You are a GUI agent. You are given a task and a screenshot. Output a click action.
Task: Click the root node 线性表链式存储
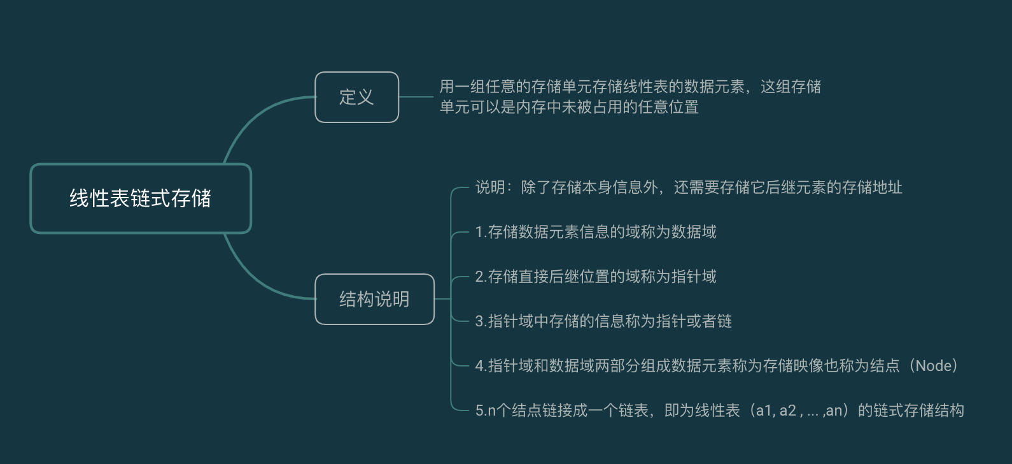click(140, 198)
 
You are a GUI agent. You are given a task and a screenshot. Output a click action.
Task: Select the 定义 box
click(356, 97)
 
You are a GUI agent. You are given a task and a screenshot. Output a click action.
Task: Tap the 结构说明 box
click(374, 299)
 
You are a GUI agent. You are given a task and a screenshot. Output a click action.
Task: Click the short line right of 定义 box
click(416, 97)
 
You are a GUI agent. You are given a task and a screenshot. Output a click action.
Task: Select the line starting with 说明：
click(688, 187)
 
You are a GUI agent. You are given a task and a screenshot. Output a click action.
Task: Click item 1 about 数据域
click(595, 232)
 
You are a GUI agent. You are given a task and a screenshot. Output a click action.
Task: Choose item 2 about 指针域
click(595, 277)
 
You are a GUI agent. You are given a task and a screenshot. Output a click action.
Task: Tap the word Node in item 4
click(936, 366)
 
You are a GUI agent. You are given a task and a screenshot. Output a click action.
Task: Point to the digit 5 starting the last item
click(479, 410)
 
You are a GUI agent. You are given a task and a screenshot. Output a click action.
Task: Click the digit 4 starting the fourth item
click(479, 366)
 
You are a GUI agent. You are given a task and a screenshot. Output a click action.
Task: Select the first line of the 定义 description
click(629, 87)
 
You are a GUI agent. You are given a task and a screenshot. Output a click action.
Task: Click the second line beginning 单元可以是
click(568, 107)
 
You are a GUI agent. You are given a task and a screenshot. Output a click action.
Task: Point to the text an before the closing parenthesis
click(833, 411)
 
